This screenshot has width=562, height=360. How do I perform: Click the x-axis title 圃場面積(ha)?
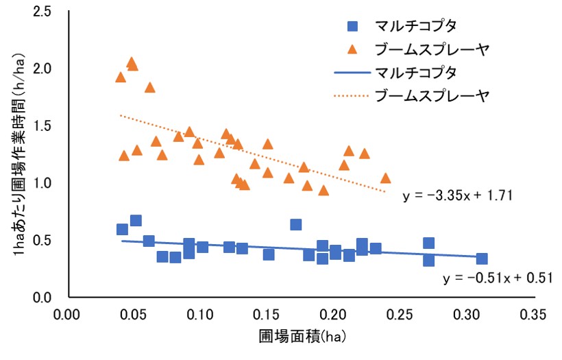tap(299, 338)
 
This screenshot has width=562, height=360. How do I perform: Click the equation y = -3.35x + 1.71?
tap(458, 195)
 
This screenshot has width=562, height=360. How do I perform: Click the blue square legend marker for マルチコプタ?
tap(353, 27)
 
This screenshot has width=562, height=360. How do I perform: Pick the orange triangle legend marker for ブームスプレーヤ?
tap(353, 49)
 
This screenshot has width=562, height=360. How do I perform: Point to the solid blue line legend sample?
tap(353, 72)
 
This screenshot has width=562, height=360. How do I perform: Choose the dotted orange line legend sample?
tap(353, 95)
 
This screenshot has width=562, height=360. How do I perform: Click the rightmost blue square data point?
tap(482, 259)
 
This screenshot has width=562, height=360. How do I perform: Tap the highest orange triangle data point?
tap(132, 63)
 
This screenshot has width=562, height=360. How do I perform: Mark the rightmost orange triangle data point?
tap(385, 178)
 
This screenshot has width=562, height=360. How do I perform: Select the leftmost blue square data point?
tap(122, 229)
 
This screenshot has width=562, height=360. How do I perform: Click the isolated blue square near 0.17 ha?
tap(296, 224)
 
